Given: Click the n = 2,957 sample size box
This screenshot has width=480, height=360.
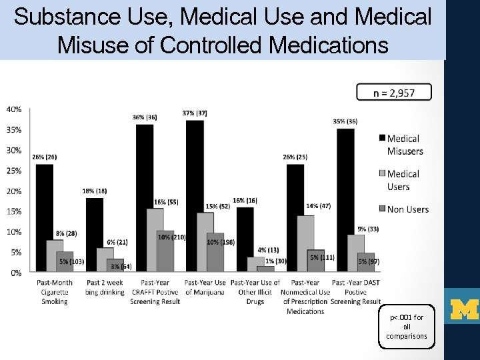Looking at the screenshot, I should click(x=393, y=92).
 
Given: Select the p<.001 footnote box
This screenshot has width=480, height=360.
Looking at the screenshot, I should click(x=407, y=327).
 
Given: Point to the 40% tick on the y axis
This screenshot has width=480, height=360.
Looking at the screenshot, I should click(x=13, y=109).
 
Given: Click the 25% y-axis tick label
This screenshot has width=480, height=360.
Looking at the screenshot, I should click(x=13, y=171).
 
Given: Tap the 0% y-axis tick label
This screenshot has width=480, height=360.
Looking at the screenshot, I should click(x=15, y=273).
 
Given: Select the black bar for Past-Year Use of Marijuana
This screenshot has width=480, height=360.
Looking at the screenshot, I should click(x=195, y=196).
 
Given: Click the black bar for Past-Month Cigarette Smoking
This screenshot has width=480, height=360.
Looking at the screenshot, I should click(x=44, y=218).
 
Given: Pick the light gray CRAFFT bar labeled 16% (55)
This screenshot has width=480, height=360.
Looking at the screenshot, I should click(x=155, y=240).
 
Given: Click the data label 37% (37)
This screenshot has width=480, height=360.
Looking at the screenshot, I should click(x=194, y=113).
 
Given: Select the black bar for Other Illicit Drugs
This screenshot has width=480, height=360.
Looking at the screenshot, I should click(x=245, y=239).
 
